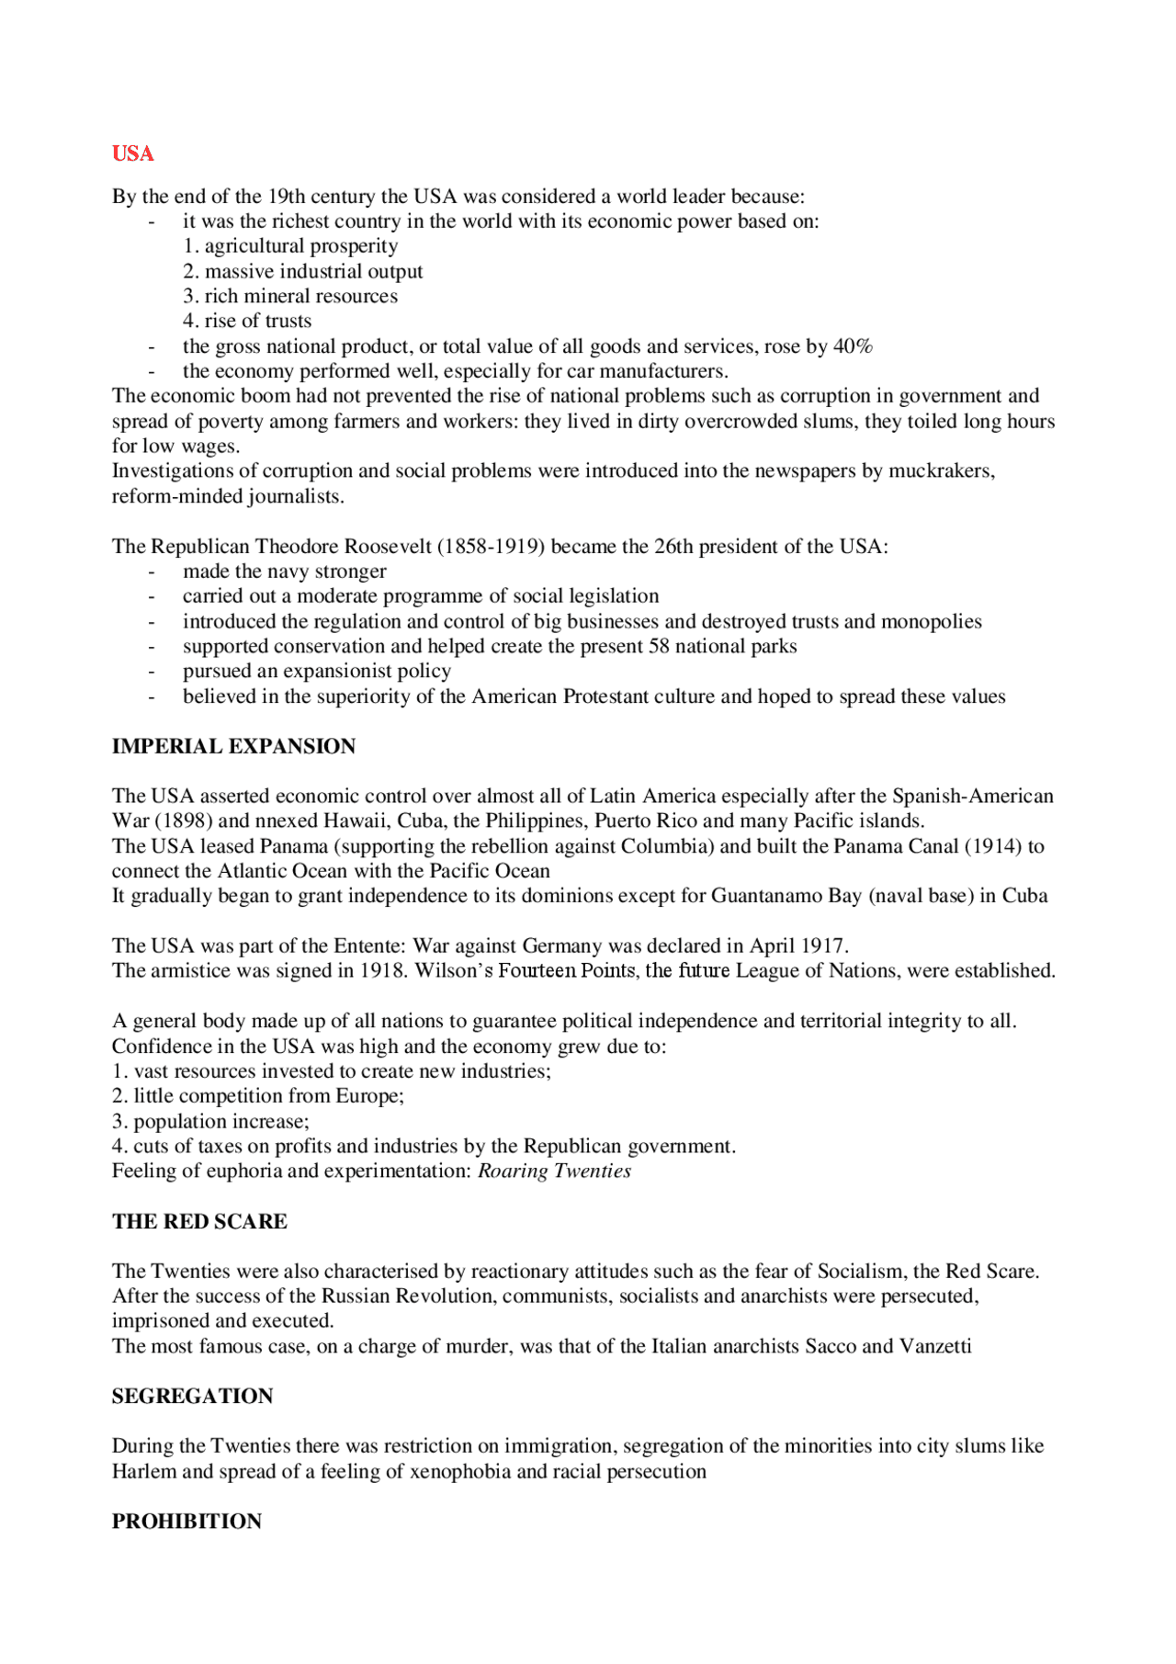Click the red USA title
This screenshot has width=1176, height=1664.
coord(133,153)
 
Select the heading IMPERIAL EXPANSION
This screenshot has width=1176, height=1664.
coord(233,746)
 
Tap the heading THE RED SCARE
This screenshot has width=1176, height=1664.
coord(199,1221)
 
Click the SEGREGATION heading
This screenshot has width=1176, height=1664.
coord(192,1396)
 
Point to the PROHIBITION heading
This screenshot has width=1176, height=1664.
coord(187,1521)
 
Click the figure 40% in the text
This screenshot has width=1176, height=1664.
coord(853,346)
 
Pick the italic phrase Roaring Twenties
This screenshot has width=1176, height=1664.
coord(554,1171)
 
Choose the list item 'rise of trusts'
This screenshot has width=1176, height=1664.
coord(247,321)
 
